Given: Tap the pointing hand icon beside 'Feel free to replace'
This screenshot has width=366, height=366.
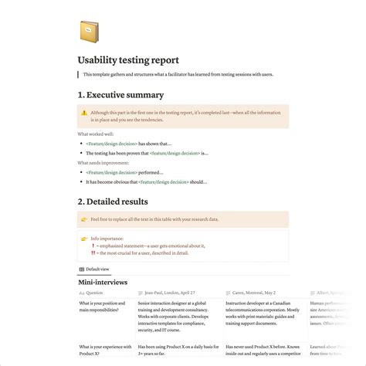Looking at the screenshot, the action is pyautogui.click(x=84, y=219).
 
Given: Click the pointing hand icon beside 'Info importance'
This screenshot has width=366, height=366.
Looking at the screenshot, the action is pyautogui.click(x=84, y=239).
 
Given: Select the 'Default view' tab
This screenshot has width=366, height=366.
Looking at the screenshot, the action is pyautogui.click(x=96, y=269).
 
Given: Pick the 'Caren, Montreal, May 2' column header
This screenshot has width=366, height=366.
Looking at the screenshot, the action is pyautogui.click(x=249, y=293).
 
